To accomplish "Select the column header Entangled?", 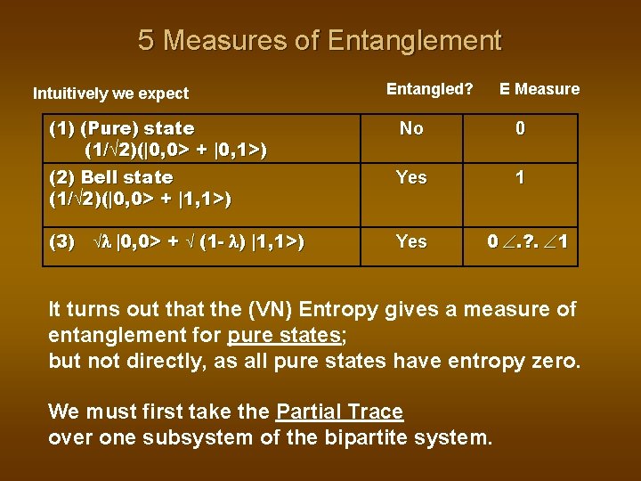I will coord(429,88).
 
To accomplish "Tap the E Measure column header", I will coord(539,88).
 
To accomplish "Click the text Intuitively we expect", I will coord(110,93).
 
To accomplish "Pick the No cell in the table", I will coord(411,128).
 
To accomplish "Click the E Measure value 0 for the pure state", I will coord(520,128).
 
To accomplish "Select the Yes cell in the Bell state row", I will coord(411,177).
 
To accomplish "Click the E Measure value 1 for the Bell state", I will coord(520,177).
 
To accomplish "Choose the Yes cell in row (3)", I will coord(411,241).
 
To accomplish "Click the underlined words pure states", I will coord(284,337).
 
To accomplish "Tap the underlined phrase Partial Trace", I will coord(339,412).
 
